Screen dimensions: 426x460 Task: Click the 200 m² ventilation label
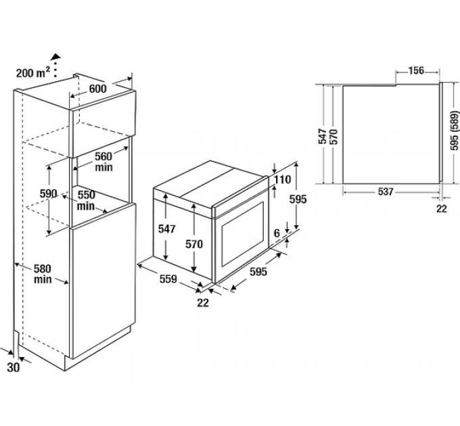[32, 72]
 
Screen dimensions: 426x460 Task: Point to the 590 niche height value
[48, 193]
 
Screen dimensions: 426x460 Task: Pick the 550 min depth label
[86, 200]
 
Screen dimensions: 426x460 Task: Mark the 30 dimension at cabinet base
[14, 368]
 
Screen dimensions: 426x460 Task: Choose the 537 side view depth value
[385, 191]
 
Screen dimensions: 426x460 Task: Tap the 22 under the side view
[441, 209]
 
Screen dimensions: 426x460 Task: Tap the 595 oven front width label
[258, 272]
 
